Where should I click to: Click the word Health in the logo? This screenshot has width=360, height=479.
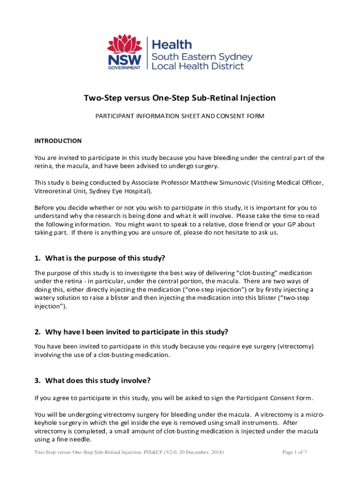coord(173,45)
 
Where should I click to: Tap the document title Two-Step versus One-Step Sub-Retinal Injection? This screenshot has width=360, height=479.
coord(180,98)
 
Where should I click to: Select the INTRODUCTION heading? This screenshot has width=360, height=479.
coord(58,141)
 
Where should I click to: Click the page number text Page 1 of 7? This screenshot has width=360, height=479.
coord(295,452)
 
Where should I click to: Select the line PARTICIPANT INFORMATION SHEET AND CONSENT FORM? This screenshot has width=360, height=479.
coord(180,116)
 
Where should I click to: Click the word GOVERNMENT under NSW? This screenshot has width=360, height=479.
coord(124,68)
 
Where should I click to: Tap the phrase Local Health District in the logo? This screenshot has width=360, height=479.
coord(198,66)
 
